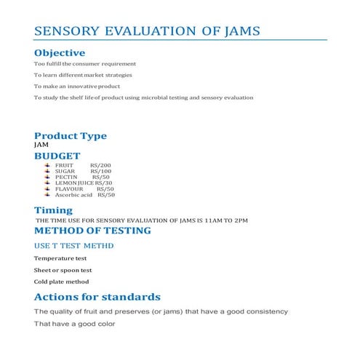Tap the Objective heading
pos(60,53)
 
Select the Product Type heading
pos(71,136)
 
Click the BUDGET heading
pos(58,156)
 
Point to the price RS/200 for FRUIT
pos(100,166)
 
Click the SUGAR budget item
pos(65,172)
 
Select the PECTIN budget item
pos(66,177)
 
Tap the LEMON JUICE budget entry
pos(74,183)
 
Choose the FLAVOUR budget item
pos(69,189)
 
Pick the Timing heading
pos(54,211)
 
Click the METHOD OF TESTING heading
pos(92,231)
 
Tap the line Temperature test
pos(60,258)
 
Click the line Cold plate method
pos(61,281)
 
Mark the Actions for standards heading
pos(97,297)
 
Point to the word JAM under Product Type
pos(41,145)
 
